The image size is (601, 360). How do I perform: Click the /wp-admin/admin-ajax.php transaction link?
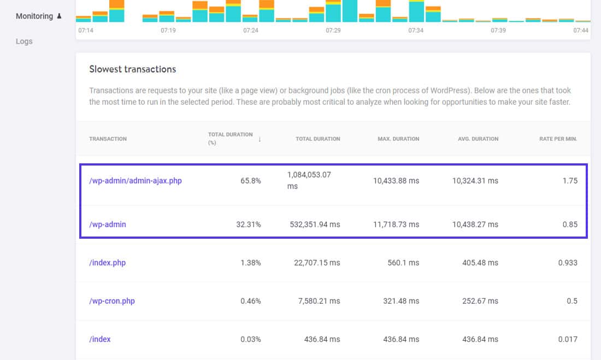click(135, 181)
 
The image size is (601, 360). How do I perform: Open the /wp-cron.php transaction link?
click(112, 301)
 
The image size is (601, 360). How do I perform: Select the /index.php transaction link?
click(107, 263)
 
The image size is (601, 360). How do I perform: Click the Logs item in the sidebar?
click(24, 42)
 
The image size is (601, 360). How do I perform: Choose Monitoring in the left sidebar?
click(34, 16)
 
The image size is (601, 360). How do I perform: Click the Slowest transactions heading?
click(133, 69)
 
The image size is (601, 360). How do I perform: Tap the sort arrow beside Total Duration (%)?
click(260, 139)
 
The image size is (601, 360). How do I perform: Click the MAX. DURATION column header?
click(398, 139)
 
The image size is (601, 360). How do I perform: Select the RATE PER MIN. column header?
click(558, 139)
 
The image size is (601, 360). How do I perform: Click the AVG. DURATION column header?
click(478, 139)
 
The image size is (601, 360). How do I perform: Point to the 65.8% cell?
click(250, 181)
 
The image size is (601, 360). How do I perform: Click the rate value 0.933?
click(568, 263)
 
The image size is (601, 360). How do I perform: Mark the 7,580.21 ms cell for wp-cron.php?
click(316, 301)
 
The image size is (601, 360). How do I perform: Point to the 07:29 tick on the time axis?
click(333, 31)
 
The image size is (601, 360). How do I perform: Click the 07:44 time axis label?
click(581, 31)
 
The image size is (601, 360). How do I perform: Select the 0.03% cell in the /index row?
click(250, 339)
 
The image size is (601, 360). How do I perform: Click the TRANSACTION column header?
click(108, 139)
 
